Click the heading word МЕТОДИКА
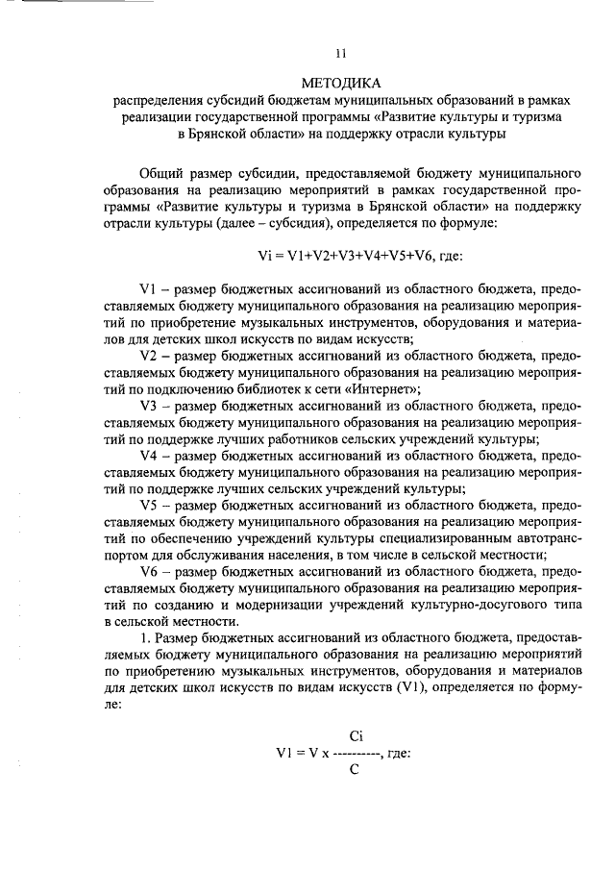click(341, 83)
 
